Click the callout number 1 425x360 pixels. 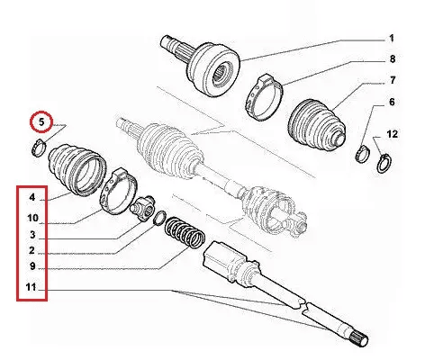point(392,39)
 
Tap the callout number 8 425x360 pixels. point(393,59)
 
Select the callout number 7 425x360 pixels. point(393,80)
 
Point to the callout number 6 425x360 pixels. point(392,102)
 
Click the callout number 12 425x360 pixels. point(392,134)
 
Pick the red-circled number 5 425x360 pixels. point(41,122)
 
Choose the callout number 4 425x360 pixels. point(32,197)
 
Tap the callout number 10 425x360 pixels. point(32,218)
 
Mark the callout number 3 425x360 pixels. point(32,235)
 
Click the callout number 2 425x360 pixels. point(32,250)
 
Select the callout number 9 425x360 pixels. point(32,266)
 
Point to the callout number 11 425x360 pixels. point(31,287)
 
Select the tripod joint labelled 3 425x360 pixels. point(142,208)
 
